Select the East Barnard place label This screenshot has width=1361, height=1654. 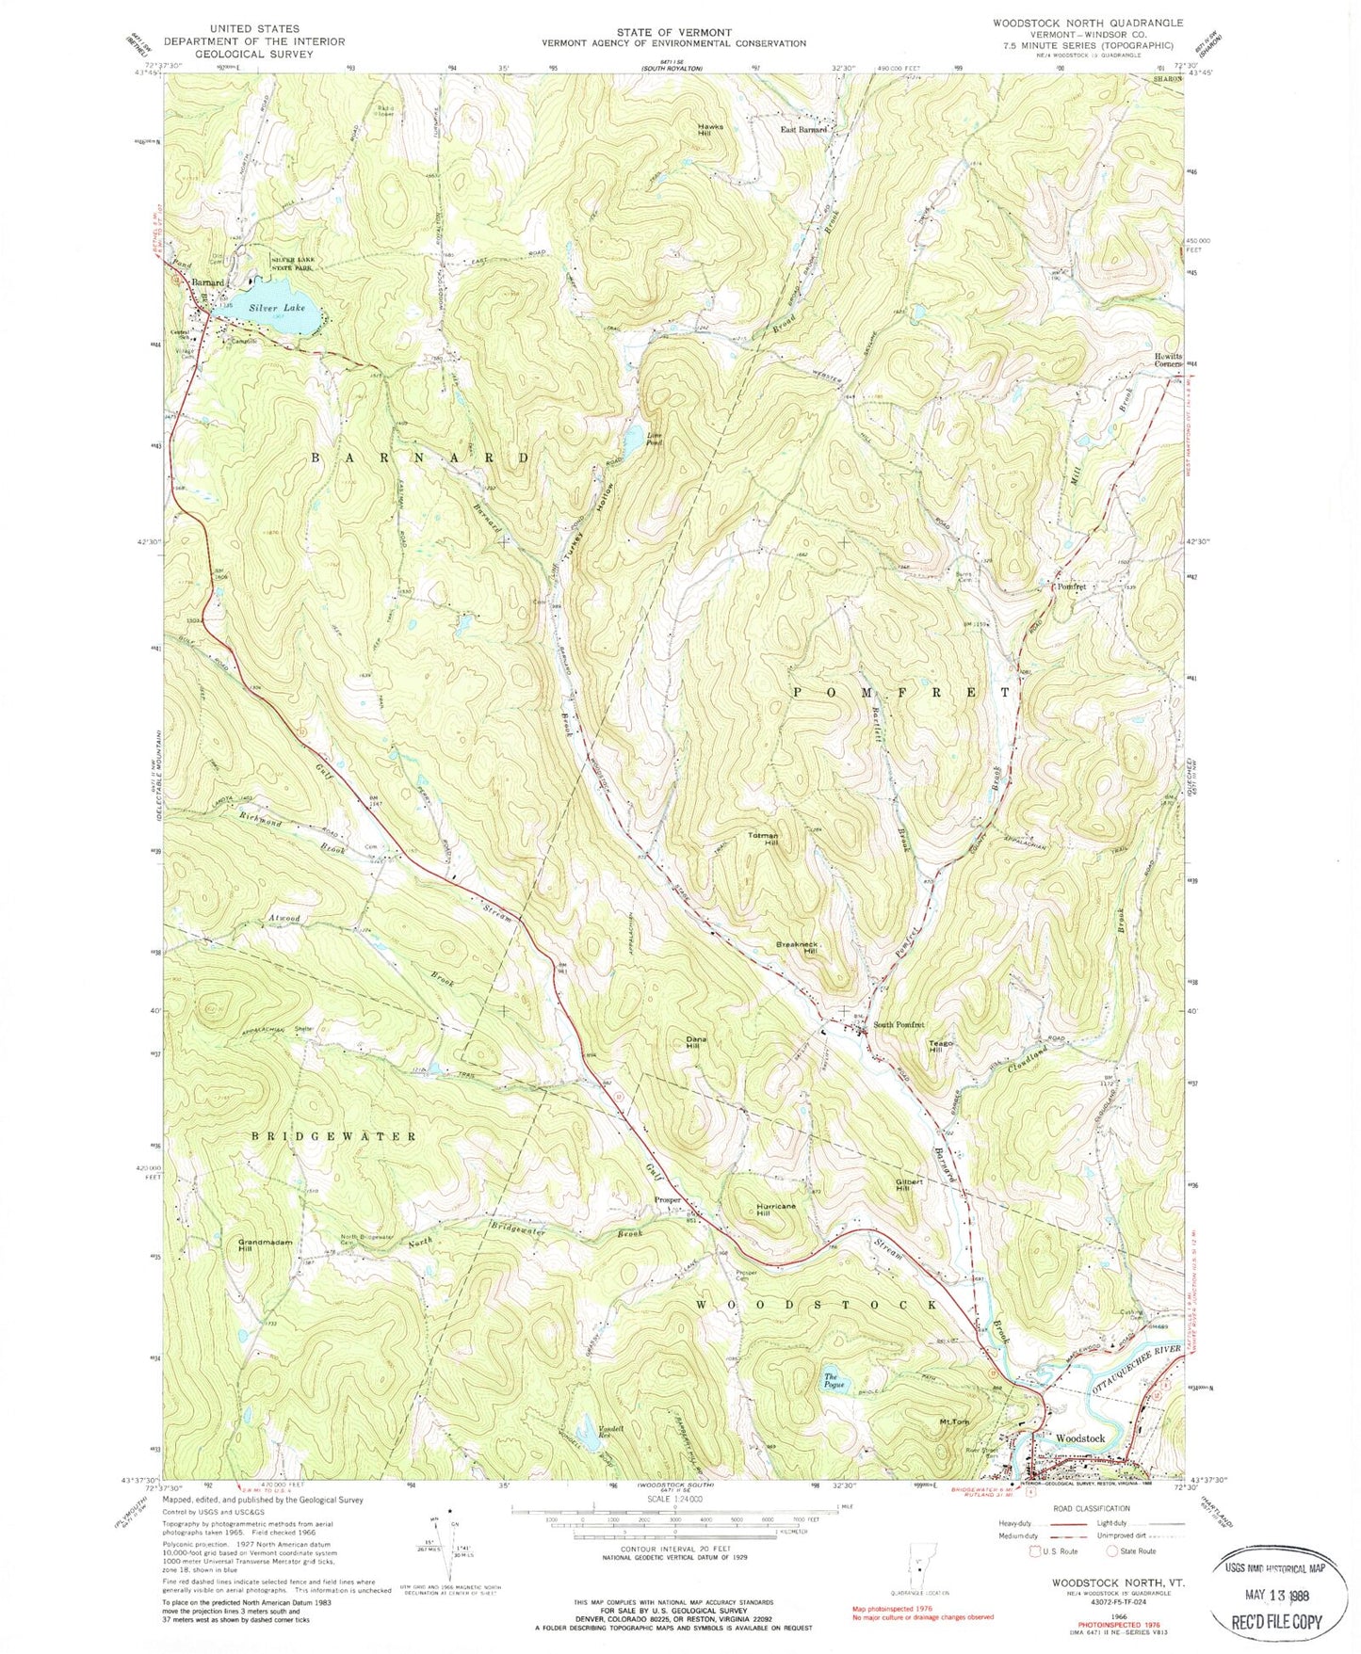(x=803, y=129)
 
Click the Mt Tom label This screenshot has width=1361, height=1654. (x=954, y=1421)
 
